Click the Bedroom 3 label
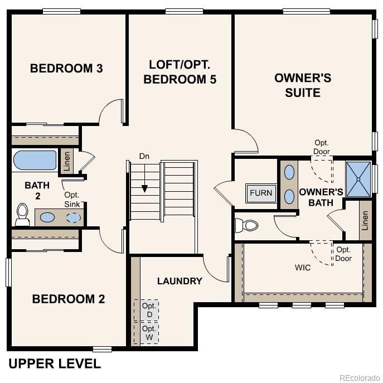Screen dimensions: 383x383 coord(66,69)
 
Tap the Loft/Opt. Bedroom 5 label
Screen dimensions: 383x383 coord(180,72)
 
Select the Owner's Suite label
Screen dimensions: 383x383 coord(303,85)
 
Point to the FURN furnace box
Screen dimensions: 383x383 coord(261,193)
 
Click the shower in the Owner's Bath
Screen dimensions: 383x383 coord(358,179)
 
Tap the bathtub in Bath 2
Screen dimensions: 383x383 coord(35,160)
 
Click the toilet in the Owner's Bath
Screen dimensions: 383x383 coord(246,225)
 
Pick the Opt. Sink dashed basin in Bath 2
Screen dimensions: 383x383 coord(73,217)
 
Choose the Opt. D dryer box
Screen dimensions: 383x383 coord(147,310)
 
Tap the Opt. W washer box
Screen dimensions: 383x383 coord(147,333)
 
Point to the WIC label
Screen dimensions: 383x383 coord(303,268)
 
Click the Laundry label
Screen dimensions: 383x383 coord(180,281)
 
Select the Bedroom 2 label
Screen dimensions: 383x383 coord(69,299)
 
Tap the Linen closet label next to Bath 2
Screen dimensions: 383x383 coord(67,161)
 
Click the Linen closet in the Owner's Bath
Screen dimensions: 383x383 coord(365,220)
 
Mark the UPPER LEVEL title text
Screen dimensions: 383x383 coord(55,364)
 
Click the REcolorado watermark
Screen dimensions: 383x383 coord(358,376)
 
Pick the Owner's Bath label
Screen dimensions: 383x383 coord(317,197)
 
